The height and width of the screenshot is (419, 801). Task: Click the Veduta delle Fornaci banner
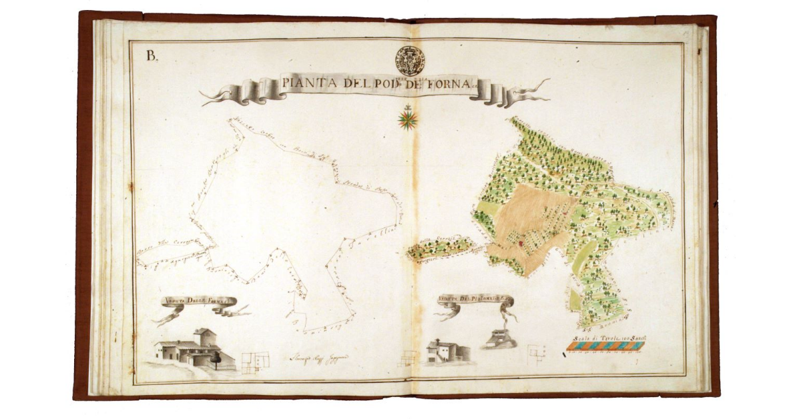[x=198, y=302]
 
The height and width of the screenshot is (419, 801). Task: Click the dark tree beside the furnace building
[x=216, y=358]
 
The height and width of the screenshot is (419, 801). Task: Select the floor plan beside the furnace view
[x=254, y=361]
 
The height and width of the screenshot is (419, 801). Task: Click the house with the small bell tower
[x=443, y=351]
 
